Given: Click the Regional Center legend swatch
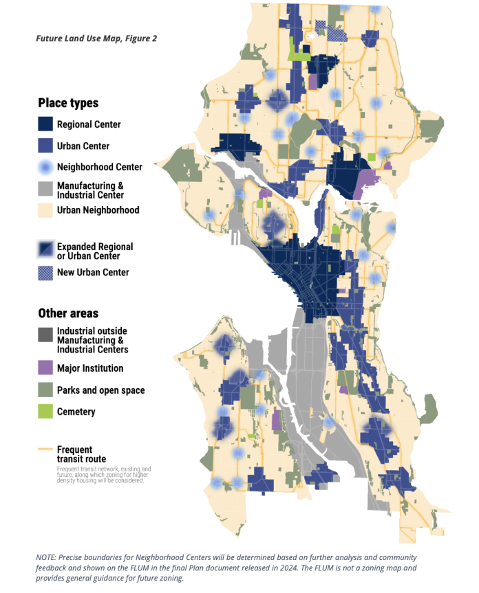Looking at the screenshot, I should tap(45, 124).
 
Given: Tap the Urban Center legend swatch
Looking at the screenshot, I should tap(45, 146).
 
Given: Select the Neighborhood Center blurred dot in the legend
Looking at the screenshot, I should tap(45, 167).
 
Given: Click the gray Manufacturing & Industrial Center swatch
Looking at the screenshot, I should tap(45, 189).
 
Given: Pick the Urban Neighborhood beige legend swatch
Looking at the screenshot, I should tap(45, 210).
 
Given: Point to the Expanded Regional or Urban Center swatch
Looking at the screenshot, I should tap(45, 250).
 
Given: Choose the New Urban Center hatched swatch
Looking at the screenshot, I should tap(45, 272).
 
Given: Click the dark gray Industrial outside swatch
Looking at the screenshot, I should tap(45, 335).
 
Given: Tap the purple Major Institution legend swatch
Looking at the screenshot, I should tap(45, 368).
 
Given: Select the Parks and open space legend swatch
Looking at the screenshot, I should tap(45, 390).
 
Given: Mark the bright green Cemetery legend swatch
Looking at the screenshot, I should tap(45, 412).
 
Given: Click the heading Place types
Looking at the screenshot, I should tap(68, 103).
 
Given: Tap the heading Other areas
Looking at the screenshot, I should tap(68, 313).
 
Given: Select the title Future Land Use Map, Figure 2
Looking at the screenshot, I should tap(96, 38).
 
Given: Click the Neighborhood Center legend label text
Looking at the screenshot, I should tap(100, 167).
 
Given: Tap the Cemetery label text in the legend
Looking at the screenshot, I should tap(76, 412).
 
